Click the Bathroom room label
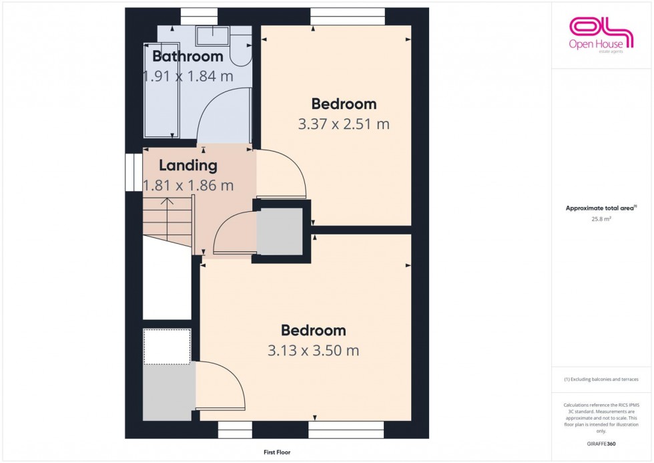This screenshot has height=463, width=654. point(187,56)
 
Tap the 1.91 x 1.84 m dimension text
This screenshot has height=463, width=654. point(188,76)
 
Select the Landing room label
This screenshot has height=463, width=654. point(188,165)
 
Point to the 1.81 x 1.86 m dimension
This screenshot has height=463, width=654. point(188,185)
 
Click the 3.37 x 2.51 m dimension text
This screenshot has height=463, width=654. point(344,124)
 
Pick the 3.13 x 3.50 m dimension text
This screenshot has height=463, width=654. point(314,350)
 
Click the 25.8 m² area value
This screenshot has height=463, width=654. point(601,218)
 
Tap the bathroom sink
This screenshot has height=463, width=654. point(212,35)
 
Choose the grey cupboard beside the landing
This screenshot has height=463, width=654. point(280,231)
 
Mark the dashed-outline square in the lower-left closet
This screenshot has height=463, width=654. point(167,346)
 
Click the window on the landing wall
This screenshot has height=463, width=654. point(129,172)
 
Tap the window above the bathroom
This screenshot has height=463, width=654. point(199,11)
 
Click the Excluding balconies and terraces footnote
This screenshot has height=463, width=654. point(601,379)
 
